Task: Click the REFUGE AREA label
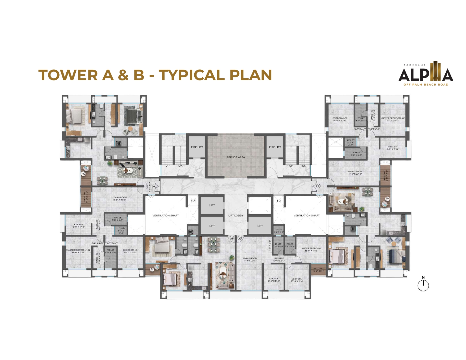(236, 157)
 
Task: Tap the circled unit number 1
(318, 186)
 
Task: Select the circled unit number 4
(154, 186)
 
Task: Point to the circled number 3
(232, 238)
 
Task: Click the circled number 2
(240, 238)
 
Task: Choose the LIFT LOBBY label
(236, 215)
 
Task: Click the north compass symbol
(423, 285)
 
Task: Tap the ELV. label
(193, 201)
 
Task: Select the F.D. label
(279, 201)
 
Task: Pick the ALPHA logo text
(426, 75)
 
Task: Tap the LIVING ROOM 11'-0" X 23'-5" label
(250, 259)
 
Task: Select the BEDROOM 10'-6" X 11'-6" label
(297, 280)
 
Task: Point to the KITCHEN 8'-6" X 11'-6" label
(274, 280)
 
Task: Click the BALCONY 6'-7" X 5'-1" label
(319, 270)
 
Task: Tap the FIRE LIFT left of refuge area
(197, 147)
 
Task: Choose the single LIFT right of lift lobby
(260, 226)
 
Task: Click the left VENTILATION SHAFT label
(166, 215)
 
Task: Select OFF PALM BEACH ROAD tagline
(426, 84)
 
